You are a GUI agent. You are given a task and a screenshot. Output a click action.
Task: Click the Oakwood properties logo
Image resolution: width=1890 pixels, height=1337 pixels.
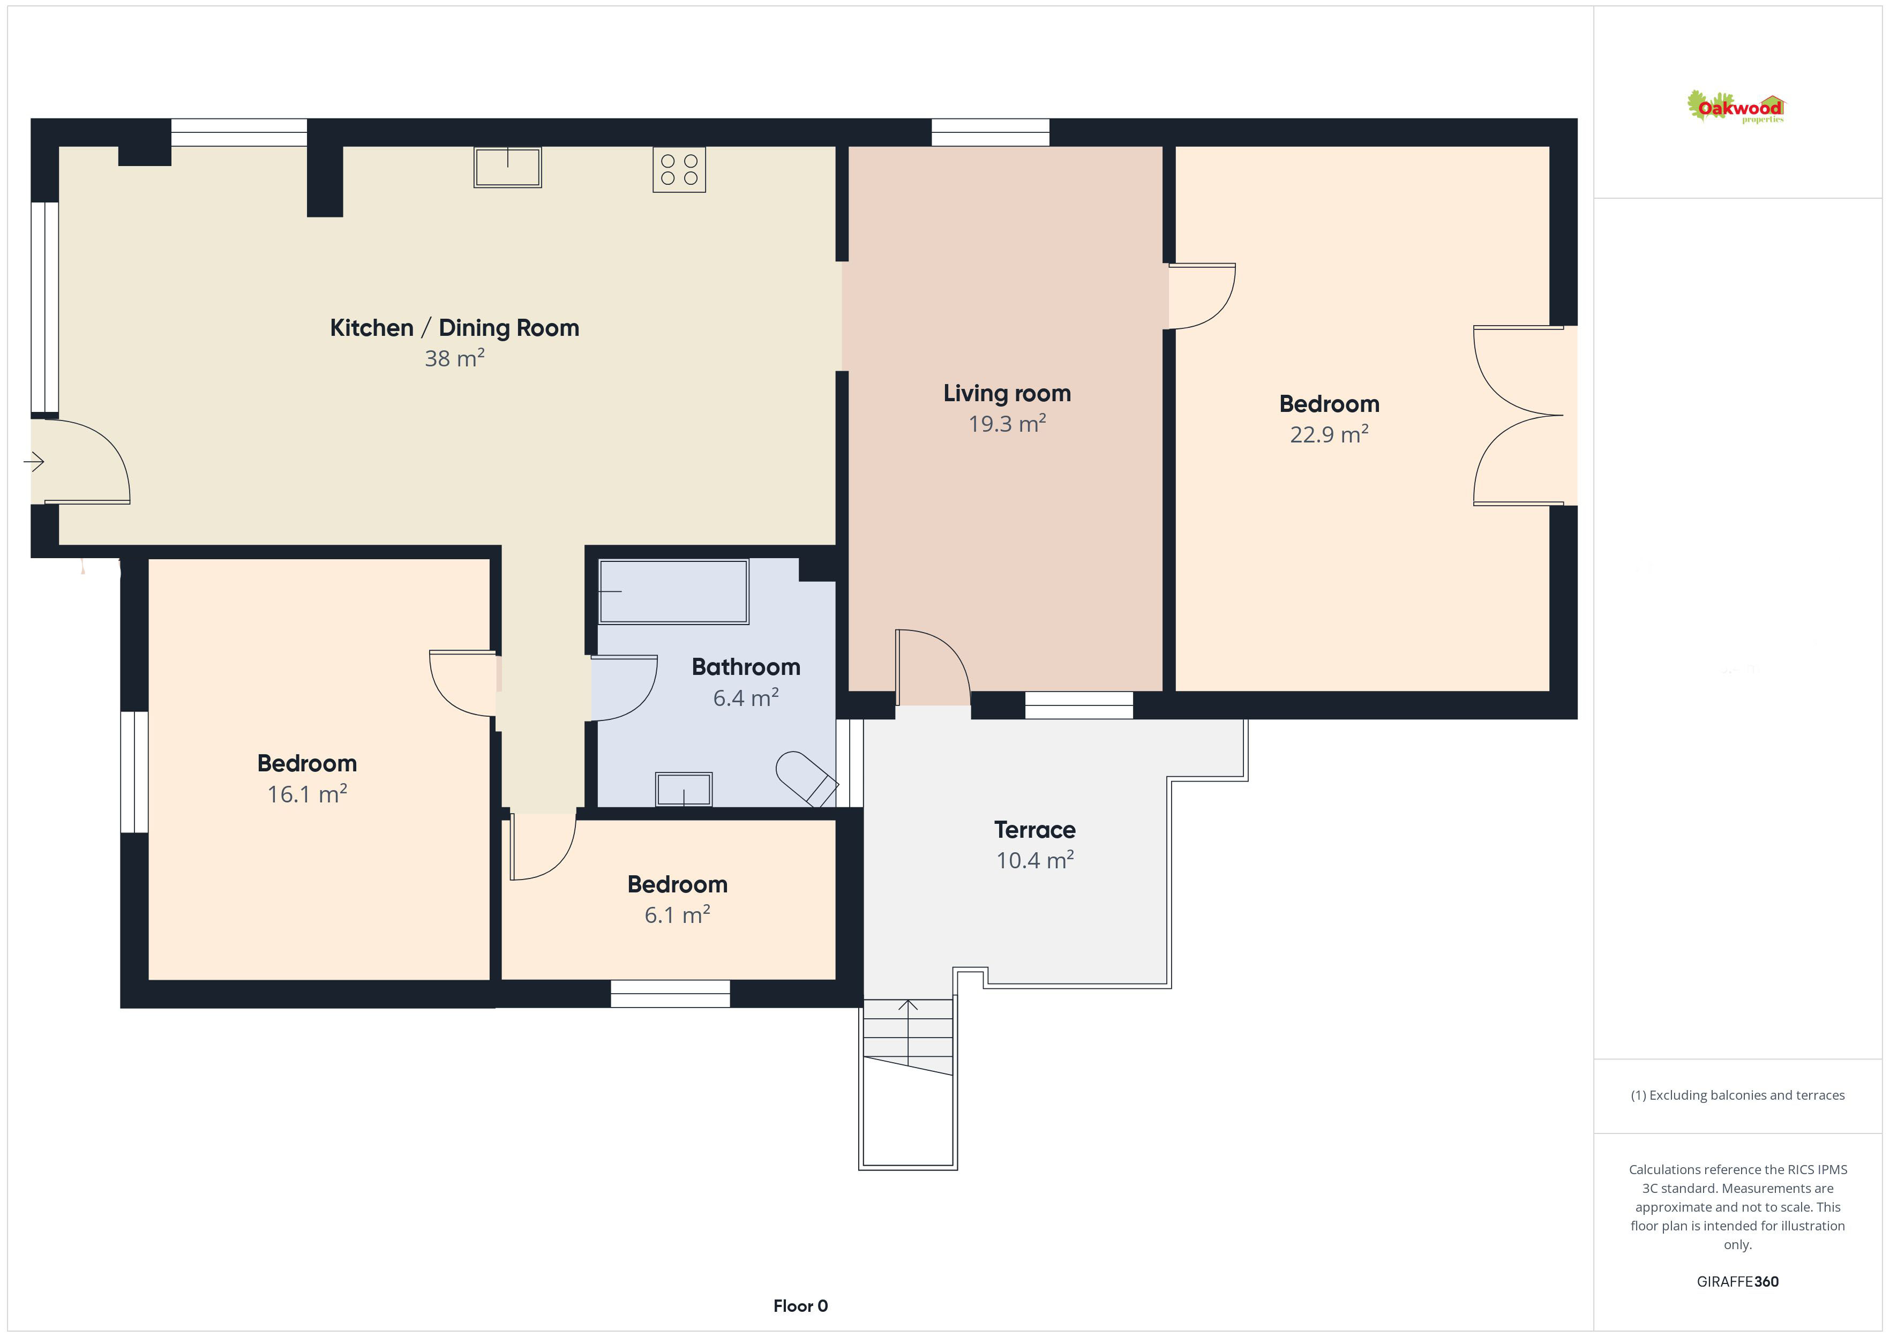[x=1735, y=107]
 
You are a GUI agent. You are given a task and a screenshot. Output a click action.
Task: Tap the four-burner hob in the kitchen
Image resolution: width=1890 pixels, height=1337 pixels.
[x=679, y=170]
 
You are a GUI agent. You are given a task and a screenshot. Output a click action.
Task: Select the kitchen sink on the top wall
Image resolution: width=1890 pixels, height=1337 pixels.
[x=508, y=167]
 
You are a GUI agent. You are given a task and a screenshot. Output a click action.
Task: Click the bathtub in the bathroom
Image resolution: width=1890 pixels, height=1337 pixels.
[x=673, y=591]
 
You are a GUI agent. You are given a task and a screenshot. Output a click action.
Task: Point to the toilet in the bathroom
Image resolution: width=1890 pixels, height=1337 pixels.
[x=806, y=778]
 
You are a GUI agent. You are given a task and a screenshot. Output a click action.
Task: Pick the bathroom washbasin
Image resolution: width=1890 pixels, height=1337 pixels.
[x=683, y=788]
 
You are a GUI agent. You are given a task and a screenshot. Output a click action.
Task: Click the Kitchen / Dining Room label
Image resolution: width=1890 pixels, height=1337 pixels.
[x=454, y=328]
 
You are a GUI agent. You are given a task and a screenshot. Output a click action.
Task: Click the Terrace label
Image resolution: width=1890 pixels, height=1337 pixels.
[x=1034, y=829]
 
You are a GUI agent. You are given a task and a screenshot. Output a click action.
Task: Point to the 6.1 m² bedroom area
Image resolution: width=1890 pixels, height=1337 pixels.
[x=677, y=915]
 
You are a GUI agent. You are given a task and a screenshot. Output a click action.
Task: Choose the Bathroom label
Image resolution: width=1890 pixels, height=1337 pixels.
[x=746, y=667]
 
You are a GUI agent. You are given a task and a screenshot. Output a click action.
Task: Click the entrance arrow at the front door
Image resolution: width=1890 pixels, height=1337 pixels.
[x=34, y=463]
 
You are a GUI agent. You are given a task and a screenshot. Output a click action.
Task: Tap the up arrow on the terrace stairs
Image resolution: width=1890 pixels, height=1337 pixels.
[x=908, y=1032]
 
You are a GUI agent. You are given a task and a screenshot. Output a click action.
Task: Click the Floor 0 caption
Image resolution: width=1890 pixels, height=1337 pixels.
[x=800, y=1306]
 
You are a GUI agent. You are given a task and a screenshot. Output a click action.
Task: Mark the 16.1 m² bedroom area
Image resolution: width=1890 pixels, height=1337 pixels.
[x=307, y=794]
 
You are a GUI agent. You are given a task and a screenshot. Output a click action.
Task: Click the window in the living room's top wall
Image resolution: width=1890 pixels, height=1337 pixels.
[x=991, y=132]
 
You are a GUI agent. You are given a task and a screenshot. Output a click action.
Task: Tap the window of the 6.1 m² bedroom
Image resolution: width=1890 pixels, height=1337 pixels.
[x=670, y=994]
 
